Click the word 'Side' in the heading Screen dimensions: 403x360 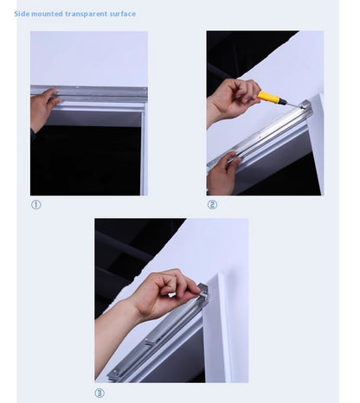coord(22,14)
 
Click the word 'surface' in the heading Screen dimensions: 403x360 coord(122,14)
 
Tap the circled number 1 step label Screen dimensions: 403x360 coord(35,205)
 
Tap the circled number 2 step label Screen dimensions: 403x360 coord(212,205)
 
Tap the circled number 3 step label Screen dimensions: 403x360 coord(100,393)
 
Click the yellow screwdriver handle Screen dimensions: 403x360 coord(272,98)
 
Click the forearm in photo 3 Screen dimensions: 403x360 coord(113,337)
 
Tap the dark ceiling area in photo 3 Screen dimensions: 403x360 coord(121,251)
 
